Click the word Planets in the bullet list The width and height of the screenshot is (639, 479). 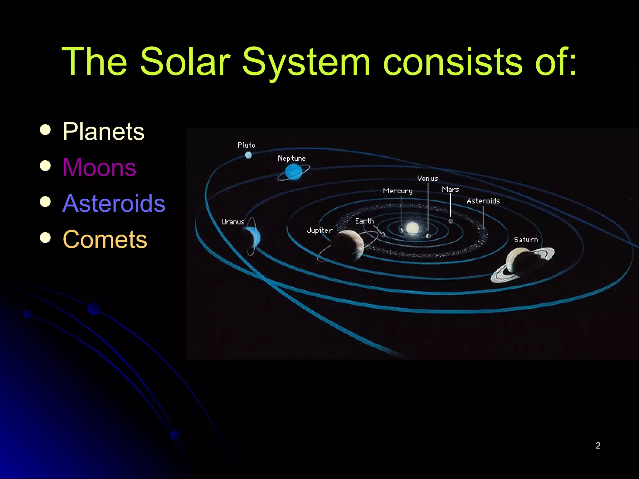pos(103,132)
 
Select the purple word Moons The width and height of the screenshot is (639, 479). pos(99,168)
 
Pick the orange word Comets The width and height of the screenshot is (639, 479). pos(105,239)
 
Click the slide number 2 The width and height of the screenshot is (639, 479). pos(598,445)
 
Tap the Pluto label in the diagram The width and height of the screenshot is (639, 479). pos(246,145)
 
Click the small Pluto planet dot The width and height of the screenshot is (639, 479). pos(248,155)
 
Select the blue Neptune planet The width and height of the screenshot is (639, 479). pos(294,172)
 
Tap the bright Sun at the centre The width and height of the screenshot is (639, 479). pos(412,227)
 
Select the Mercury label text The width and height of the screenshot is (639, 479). pos(398,191)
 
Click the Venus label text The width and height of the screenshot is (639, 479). pos(427,179)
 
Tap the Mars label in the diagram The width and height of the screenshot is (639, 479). pos(450,190)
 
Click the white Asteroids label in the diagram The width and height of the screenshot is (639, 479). pos(483,201)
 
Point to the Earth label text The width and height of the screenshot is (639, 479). pos(364,221)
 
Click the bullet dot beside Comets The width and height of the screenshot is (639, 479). pos(46,238)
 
